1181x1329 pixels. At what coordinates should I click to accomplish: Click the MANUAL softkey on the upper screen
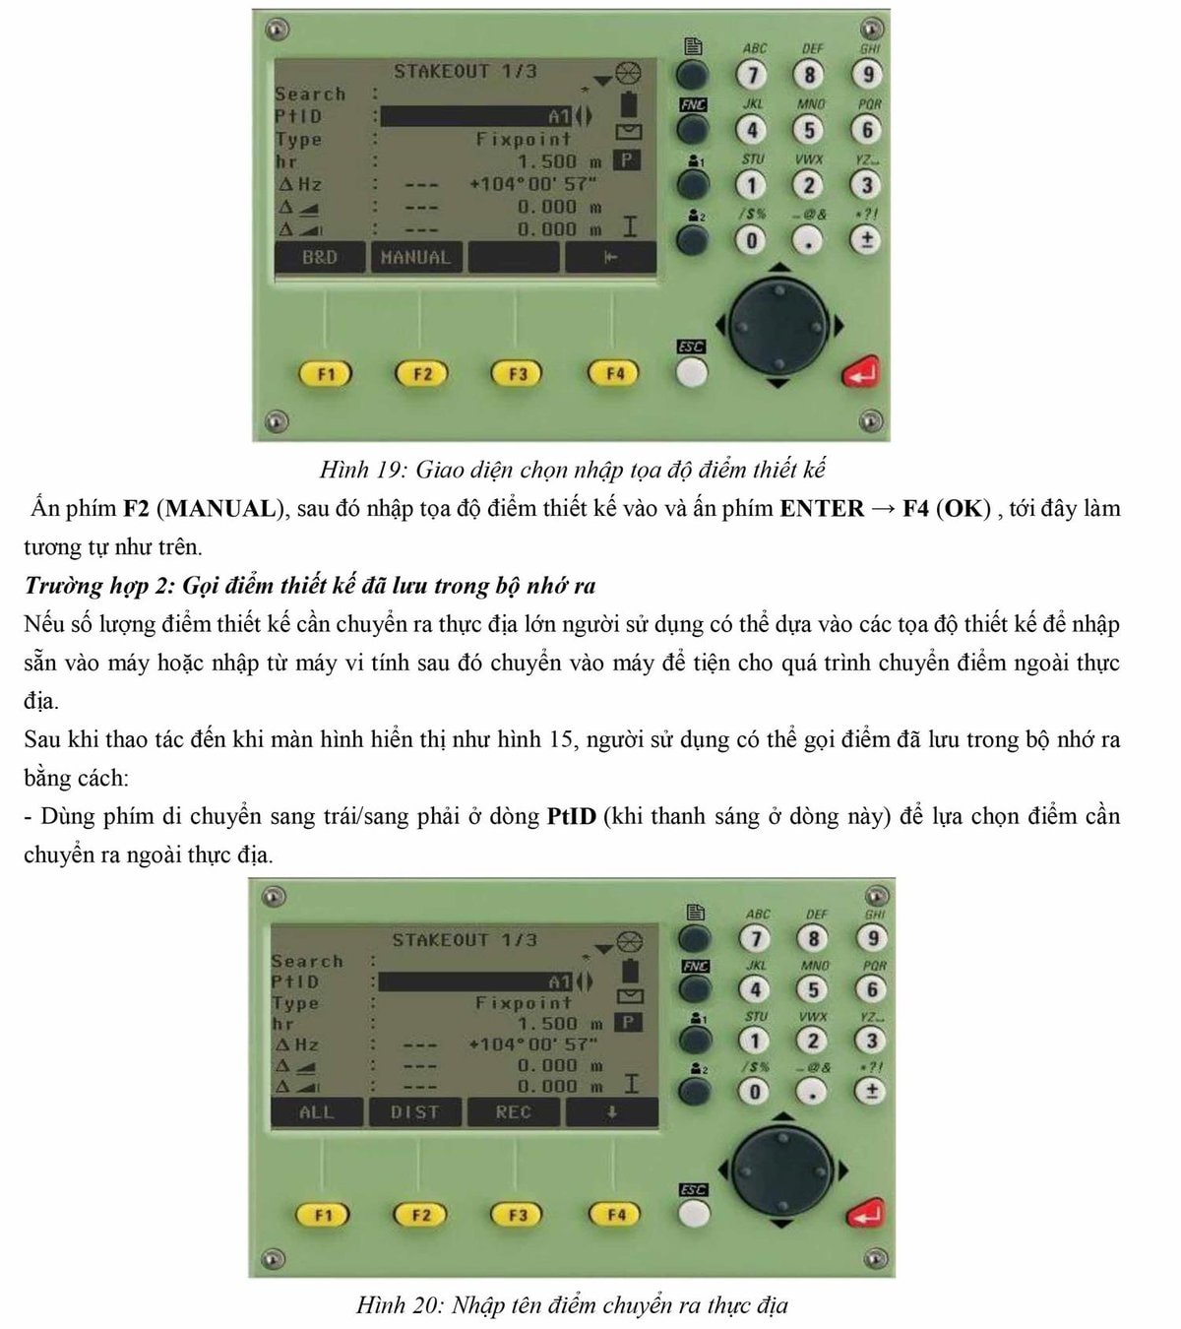point(415,257)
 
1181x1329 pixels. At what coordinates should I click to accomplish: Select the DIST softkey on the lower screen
point(414,1112)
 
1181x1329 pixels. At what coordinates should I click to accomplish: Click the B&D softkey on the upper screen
point(319,257)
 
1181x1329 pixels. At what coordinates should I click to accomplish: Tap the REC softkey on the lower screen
point(514,1112)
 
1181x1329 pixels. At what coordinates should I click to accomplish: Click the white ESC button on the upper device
point(691,374)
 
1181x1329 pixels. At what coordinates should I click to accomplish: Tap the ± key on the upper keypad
point(866,241)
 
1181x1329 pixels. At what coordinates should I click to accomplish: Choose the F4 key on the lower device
point(616,1215)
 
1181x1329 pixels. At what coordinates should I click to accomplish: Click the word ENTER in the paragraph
point(822,508)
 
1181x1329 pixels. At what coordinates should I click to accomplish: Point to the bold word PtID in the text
point(571,816)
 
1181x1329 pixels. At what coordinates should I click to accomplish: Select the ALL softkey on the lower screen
point(317,1112)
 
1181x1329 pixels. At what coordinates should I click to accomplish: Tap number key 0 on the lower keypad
point(754,1092)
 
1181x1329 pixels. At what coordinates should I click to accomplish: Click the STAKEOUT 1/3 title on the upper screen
point(465,71)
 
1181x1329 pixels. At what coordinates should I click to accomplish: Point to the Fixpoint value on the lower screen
point(523,1003)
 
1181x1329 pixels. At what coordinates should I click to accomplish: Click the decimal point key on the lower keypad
point(812,1092)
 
